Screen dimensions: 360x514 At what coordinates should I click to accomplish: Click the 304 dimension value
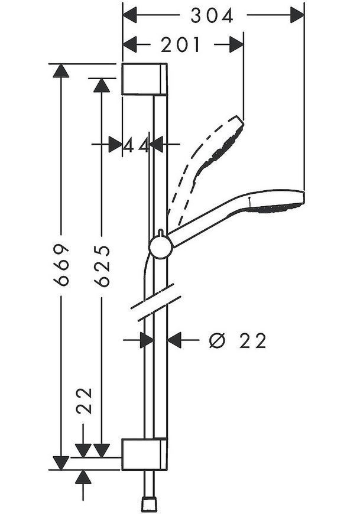pyautogui.click(x=212, y=15)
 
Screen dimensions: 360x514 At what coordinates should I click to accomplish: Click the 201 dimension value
pyautogui.click(x=180, y=44)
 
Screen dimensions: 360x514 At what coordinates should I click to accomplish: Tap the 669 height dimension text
pyautogui.click(x=61, y=264)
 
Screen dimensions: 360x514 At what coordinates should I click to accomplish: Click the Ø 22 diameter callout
pyautogui.click(x=238, y=341)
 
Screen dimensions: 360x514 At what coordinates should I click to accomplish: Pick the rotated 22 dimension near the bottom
pyautogui.click(x=84, y=401)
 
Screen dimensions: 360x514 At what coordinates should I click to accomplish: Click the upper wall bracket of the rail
pyautogui.click(x=145, y=79)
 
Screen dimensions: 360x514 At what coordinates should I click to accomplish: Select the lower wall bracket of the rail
pyautogui.click(x=145, y=454)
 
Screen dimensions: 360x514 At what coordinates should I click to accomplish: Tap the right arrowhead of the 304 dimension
pyautogui.click(x=297, y=15)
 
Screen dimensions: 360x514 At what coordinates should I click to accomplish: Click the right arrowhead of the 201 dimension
pyautogui.click(x=236, y=44)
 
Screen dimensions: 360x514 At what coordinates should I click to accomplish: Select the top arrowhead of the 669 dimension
pyautogui.click(x=61, y=71)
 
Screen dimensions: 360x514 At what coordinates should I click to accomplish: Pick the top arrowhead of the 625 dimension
pyautogui.click(x=101, y=85)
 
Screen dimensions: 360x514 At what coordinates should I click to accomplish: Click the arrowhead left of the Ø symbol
pyautogui.click(x=174, y=340)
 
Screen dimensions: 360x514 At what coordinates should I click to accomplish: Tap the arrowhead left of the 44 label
pyautogui.click(x=115, y=144)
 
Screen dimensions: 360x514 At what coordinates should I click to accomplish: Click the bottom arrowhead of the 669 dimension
pyautogui.click(x=61, y=463)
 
